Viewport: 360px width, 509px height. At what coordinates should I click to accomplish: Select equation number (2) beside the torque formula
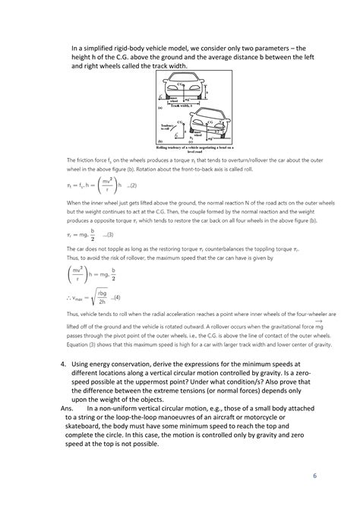click(131, 185)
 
